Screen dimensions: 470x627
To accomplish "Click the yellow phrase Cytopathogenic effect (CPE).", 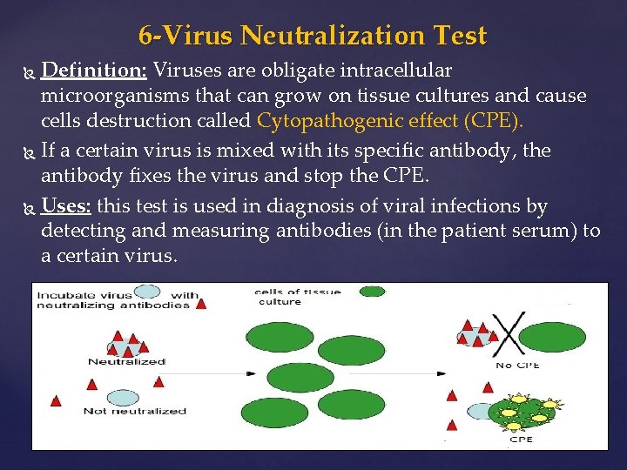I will tap(390, 121).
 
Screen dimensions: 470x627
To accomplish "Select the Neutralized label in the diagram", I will tap(126, 361).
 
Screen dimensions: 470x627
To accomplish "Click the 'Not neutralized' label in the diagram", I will tap(135, 410).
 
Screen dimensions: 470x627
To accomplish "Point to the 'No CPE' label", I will tap(516, 365).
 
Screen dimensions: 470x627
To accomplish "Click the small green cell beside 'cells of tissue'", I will tap(372, 292).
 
